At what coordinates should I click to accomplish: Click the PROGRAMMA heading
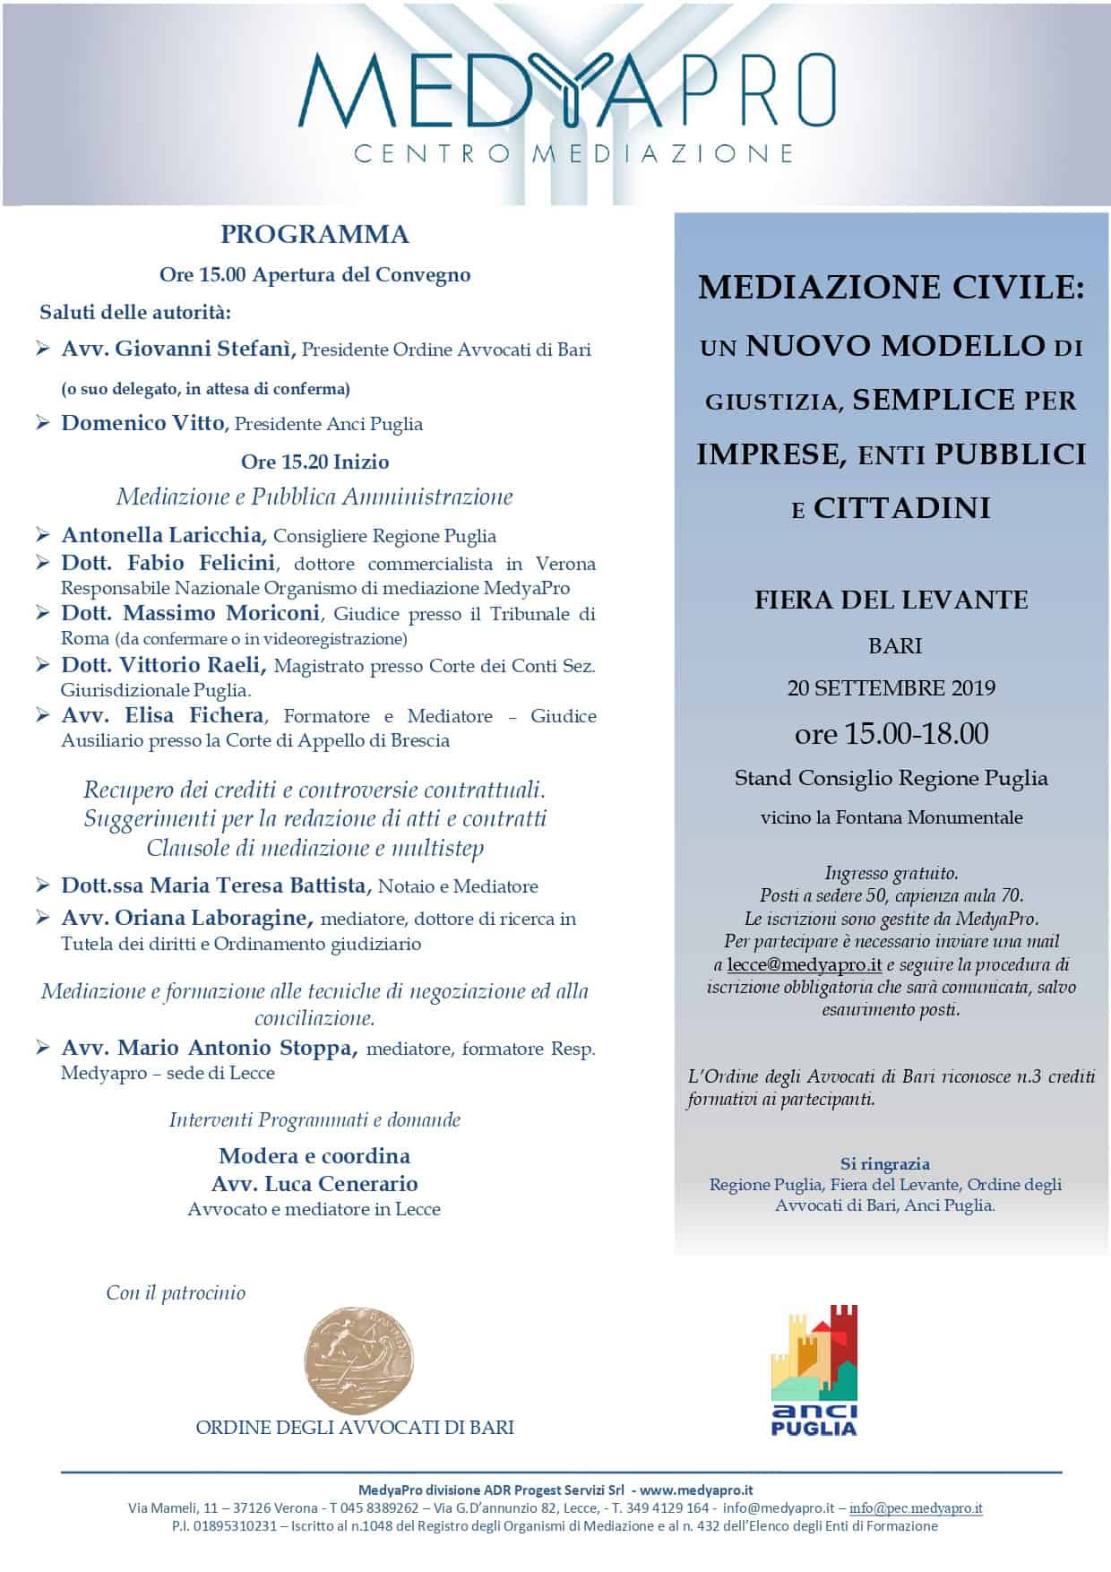click(x=314, y=235)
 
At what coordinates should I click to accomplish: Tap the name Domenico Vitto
click(x=143, y=423)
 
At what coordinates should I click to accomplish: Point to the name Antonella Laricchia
click(x=164, y=536)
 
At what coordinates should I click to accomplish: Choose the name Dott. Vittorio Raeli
click(x=164, y=666)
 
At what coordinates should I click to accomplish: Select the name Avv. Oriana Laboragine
click(x=187, y=919)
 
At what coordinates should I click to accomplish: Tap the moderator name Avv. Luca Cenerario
click(x=314, y=1184)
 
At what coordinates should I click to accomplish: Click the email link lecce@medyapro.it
click(x=805, y=965)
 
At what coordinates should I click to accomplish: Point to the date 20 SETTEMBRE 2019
click(x=891, y=688)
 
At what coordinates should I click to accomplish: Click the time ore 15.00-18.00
click(x=891, y=734)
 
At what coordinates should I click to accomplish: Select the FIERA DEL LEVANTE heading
click(x=891, y=600)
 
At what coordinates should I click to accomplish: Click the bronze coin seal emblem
click(x=360, y=1360)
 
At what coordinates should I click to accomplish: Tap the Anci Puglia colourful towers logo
click(x=814, y=1369)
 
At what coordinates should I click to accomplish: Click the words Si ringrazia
click(x=885, y=1164)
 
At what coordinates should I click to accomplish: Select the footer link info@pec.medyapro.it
click(x=916, y=1508)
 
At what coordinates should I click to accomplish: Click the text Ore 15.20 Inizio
click(x=314, y=462)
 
